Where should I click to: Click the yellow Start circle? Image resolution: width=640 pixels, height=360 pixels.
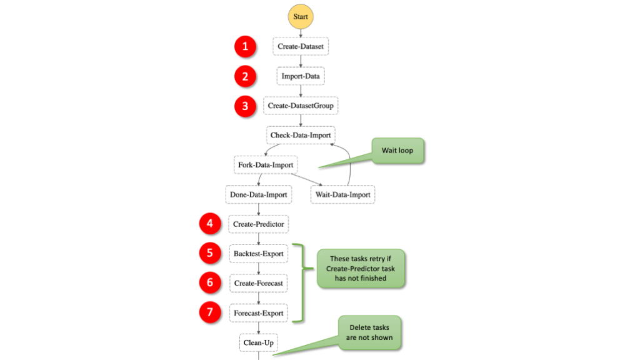pos(301,17)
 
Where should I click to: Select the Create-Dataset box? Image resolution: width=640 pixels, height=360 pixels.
pos(301,46)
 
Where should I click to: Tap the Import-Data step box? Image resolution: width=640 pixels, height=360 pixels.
pos(301,76)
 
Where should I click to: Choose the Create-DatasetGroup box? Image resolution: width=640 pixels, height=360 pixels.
pos(301,106)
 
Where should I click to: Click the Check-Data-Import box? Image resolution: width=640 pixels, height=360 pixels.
pos(301,135)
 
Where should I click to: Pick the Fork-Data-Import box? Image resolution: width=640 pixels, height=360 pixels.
pos(266,165)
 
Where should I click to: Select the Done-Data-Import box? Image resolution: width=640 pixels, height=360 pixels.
pos(258,195)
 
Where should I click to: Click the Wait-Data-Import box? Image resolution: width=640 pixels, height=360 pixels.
pos(343,195)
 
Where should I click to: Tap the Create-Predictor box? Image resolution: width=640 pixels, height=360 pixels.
pos(258,224)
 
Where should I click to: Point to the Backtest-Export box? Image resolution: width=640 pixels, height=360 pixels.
pos(258,254)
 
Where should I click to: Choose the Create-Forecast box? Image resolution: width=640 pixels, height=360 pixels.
pos(258,283)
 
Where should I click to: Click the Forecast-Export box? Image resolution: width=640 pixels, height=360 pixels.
pos(258,313)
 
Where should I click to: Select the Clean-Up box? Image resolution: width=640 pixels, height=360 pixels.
pos(258,343)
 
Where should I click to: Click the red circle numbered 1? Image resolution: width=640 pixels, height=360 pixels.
pos(245,46)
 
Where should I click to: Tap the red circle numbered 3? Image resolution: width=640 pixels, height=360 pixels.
pos(245,106)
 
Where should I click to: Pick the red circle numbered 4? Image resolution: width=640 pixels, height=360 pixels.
pos(210,224)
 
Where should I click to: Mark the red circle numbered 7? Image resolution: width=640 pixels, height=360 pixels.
pos(210,312)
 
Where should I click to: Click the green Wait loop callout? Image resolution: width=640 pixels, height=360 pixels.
pos(397,151)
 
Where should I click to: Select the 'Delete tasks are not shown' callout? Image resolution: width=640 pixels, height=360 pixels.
pos(369,332)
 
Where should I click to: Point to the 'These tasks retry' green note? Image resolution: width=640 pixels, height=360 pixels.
pos(361,269)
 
